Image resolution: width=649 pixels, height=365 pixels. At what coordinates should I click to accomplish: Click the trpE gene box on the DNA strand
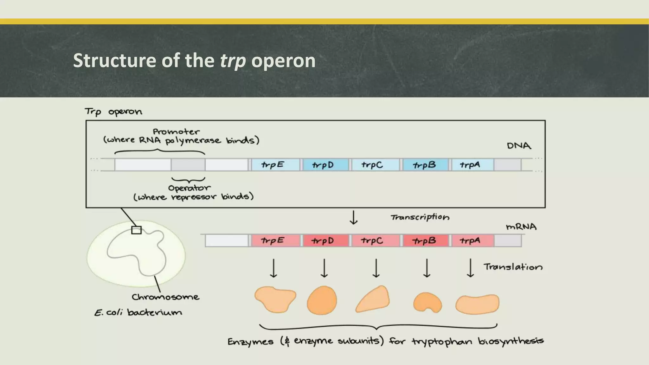tap(275, 165)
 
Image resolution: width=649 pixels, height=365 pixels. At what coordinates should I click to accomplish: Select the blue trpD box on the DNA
tap(325, 165)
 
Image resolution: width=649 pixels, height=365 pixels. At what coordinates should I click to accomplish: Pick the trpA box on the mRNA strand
tap(472, 241)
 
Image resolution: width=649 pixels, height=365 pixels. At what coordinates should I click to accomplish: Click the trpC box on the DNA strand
tap(375, 165)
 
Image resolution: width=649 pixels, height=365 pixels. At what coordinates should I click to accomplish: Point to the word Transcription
tap(420, 217)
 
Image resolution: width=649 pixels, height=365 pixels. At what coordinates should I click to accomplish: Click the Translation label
tap(513, 267)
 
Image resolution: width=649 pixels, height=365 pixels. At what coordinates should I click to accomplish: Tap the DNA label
tap(519, 146)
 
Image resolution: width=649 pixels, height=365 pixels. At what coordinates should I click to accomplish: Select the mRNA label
tap(521, 227)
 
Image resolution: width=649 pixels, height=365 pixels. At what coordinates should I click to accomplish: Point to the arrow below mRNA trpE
tap(273, 268)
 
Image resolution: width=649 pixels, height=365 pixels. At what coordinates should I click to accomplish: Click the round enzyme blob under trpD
tap(322, 300)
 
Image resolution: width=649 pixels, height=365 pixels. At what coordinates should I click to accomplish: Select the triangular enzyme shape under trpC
tap(373, 299)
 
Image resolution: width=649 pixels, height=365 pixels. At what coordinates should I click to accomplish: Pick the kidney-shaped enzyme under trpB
tap(427, 302)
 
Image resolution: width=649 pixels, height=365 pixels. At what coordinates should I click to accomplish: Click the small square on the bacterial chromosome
tap(136, 230)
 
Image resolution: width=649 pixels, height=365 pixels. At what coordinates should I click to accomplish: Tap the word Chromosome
tap(165, 297)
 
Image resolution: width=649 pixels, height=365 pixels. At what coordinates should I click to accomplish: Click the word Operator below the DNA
tap(189, 188)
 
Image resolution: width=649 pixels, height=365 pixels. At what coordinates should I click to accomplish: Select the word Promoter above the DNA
tap(176, 131)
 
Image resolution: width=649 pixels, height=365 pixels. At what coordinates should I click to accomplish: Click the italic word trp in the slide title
tap(233, 61)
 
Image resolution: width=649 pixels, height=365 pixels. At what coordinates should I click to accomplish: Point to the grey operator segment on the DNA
tap(188, 165)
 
